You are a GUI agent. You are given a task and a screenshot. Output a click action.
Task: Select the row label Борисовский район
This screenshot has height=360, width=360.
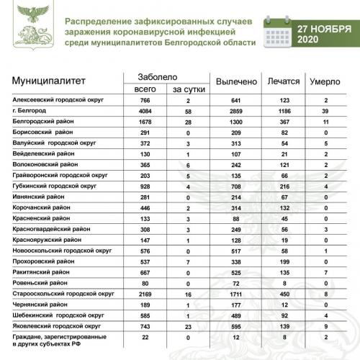tap(44, 133)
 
